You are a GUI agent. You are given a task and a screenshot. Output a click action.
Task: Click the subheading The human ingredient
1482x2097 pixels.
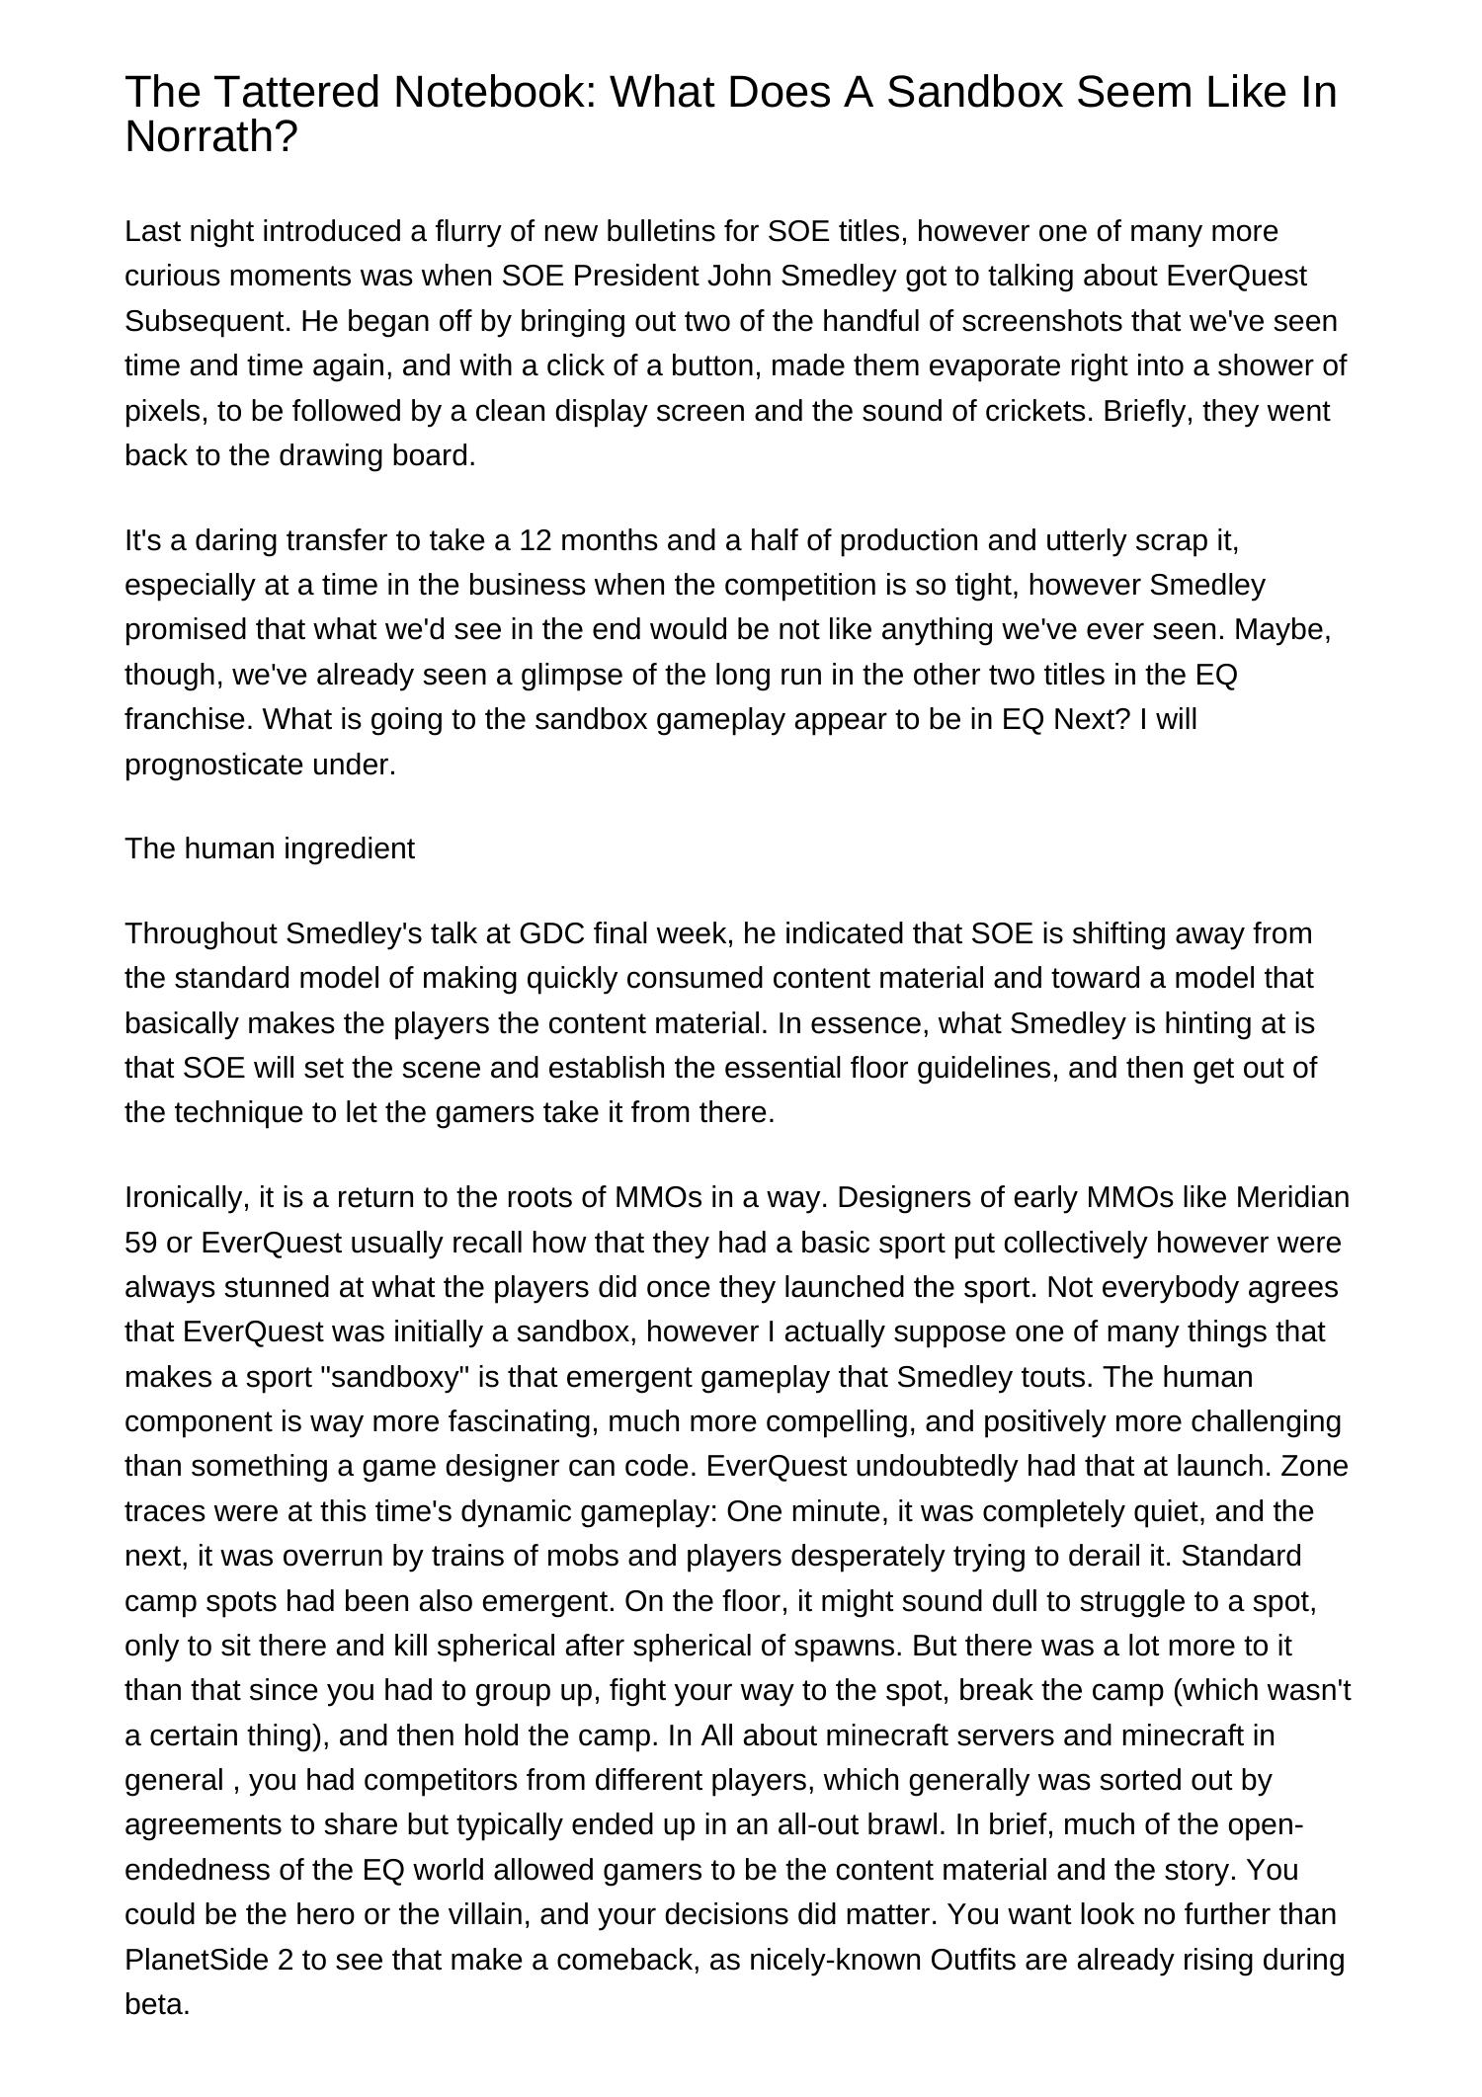[x=270, y=848]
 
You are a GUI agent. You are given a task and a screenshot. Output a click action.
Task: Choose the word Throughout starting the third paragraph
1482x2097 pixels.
[x=202, y=932]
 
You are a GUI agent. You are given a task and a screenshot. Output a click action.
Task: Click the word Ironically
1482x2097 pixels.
[x=187, y=1197]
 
